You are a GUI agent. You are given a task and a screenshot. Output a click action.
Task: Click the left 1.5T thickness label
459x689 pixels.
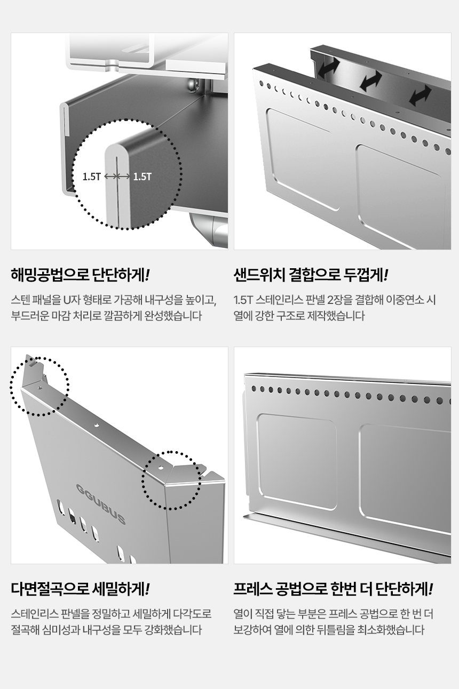92,177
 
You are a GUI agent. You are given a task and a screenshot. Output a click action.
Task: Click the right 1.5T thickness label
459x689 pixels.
142,177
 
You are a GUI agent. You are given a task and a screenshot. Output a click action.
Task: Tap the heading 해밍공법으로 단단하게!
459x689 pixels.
81,275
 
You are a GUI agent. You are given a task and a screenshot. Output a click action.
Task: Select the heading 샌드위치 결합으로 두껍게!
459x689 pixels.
311,275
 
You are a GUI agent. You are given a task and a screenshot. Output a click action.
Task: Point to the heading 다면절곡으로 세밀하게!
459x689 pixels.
81,589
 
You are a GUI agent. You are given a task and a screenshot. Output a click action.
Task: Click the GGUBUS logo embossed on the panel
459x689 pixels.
101,504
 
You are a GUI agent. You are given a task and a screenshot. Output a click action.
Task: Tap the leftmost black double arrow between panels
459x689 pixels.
328,68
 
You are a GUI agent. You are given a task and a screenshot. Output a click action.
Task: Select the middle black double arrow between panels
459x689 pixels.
370,81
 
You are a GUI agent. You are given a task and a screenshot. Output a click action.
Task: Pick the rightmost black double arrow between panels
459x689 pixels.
420,95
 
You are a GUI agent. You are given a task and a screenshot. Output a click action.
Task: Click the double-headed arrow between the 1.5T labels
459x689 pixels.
117,177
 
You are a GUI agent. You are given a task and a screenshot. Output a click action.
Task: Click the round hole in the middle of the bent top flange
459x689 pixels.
97,425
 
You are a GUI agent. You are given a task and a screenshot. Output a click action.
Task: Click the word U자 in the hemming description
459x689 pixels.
72,300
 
